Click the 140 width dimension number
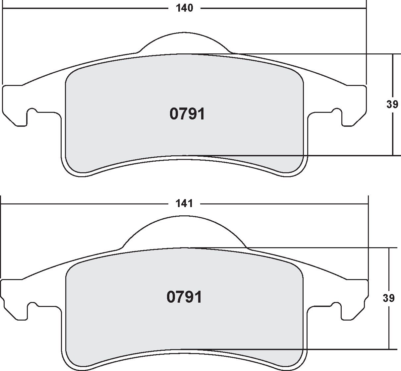185,8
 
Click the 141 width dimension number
185,203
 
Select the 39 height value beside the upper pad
392,104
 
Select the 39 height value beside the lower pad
388,298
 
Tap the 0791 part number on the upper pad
187,114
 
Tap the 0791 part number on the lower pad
184,297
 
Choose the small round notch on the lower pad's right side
337,305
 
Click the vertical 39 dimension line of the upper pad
392,133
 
